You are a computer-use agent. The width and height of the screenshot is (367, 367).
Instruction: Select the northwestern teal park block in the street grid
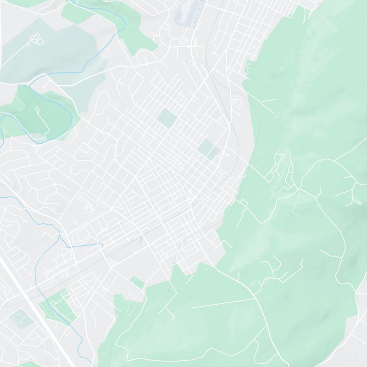pos(166,118)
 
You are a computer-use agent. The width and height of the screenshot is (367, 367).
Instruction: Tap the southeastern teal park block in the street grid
pos(208,149)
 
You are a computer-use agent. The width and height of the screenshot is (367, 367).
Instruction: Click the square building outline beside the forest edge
pos(238,101)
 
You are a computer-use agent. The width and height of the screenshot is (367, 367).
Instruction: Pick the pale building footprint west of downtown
pos(87,202)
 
